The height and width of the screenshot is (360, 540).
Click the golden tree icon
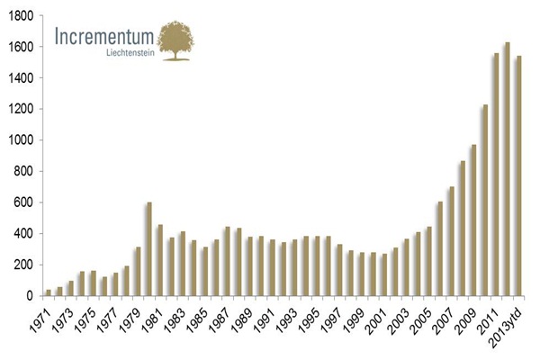(175, 40)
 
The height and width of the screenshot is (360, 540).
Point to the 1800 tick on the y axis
(21, 16)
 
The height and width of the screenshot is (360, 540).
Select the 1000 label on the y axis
(21, 140)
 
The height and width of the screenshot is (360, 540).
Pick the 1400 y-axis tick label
(21, 78)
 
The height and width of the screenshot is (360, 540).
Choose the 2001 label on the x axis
(378, 316)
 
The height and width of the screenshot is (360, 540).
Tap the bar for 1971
(49, 292)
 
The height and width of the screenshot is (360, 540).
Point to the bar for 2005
(428, 261)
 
